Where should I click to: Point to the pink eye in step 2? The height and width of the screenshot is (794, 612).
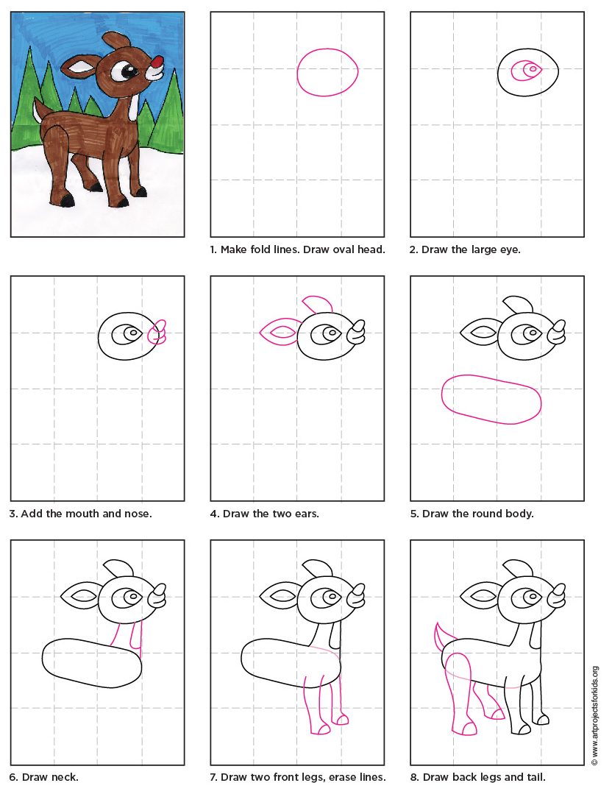tap(529, 71)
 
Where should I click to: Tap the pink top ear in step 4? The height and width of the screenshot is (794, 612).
tap(319, 302)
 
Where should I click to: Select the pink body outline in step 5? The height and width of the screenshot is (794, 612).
tap(491, 399)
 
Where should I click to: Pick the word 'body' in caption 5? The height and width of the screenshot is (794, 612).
tap(521, 513)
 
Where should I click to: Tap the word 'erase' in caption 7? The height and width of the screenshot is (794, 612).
tap(338, 776)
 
